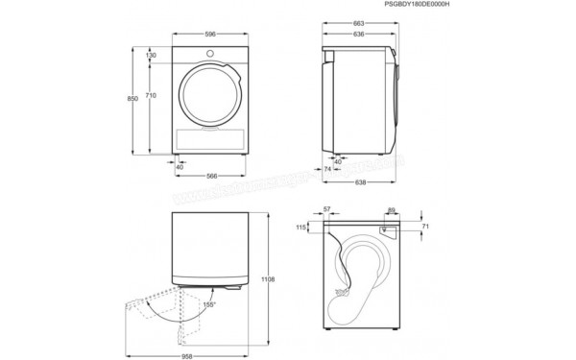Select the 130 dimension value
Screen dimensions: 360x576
152,56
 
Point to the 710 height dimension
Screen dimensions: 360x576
152,96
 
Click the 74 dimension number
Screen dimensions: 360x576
326,169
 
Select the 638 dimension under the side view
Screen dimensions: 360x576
358,182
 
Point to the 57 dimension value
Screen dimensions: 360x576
327,208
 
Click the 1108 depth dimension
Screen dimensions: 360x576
270,279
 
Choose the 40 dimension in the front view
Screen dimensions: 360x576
180,166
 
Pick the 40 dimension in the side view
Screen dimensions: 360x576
338,161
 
